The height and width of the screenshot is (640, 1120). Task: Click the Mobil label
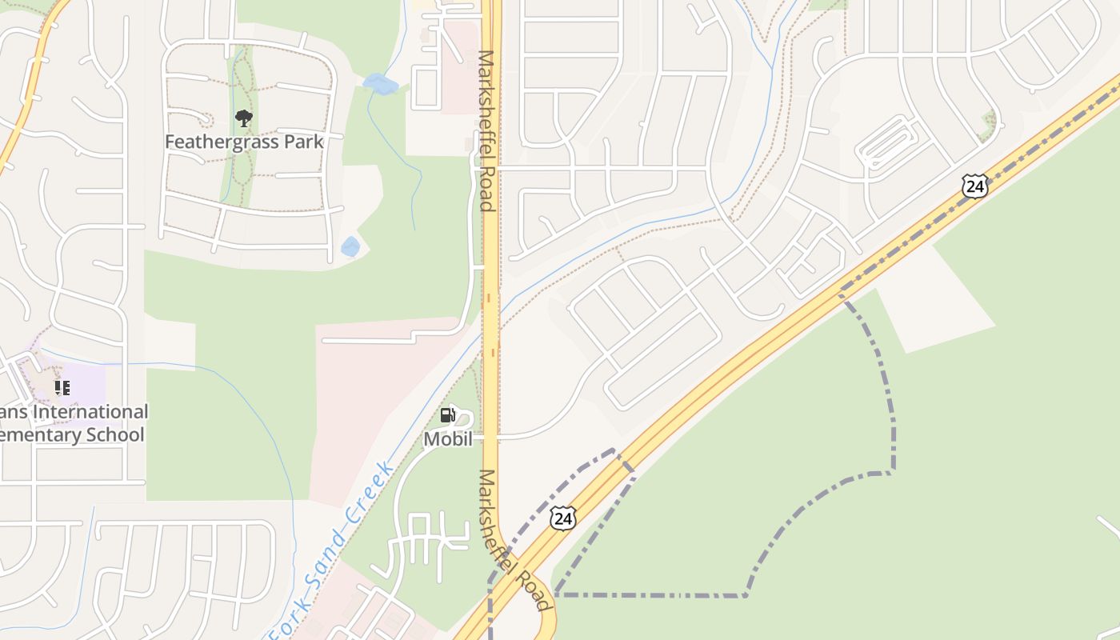coord(448,439)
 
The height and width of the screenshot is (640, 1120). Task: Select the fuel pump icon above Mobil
coord(448,415)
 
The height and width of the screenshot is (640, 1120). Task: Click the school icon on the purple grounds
coord(62,389)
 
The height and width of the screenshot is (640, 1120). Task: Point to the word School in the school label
coord(117,435)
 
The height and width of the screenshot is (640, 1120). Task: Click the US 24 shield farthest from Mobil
coord(974,186)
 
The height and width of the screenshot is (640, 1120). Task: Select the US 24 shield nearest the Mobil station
coord(563,518)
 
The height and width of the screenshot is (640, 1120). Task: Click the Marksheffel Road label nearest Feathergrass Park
coord(486,130)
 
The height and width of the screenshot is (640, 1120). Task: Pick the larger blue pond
coord(379,83)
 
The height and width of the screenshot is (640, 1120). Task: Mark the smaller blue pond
coord(350,246)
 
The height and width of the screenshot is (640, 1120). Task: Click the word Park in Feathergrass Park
coord(298,142)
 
